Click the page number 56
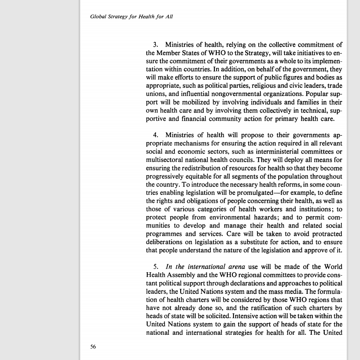93,347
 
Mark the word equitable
198,176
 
